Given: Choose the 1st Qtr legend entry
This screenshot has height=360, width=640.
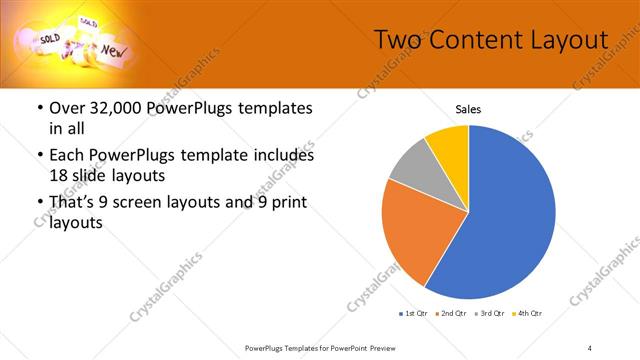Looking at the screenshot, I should [414, 314].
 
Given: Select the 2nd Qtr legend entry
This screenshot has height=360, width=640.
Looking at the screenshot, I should [453, 314].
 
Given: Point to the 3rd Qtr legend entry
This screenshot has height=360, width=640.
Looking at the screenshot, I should [491, 314].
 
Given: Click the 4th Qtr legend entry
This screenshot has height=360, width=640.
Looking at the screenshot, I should [527, 314].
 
